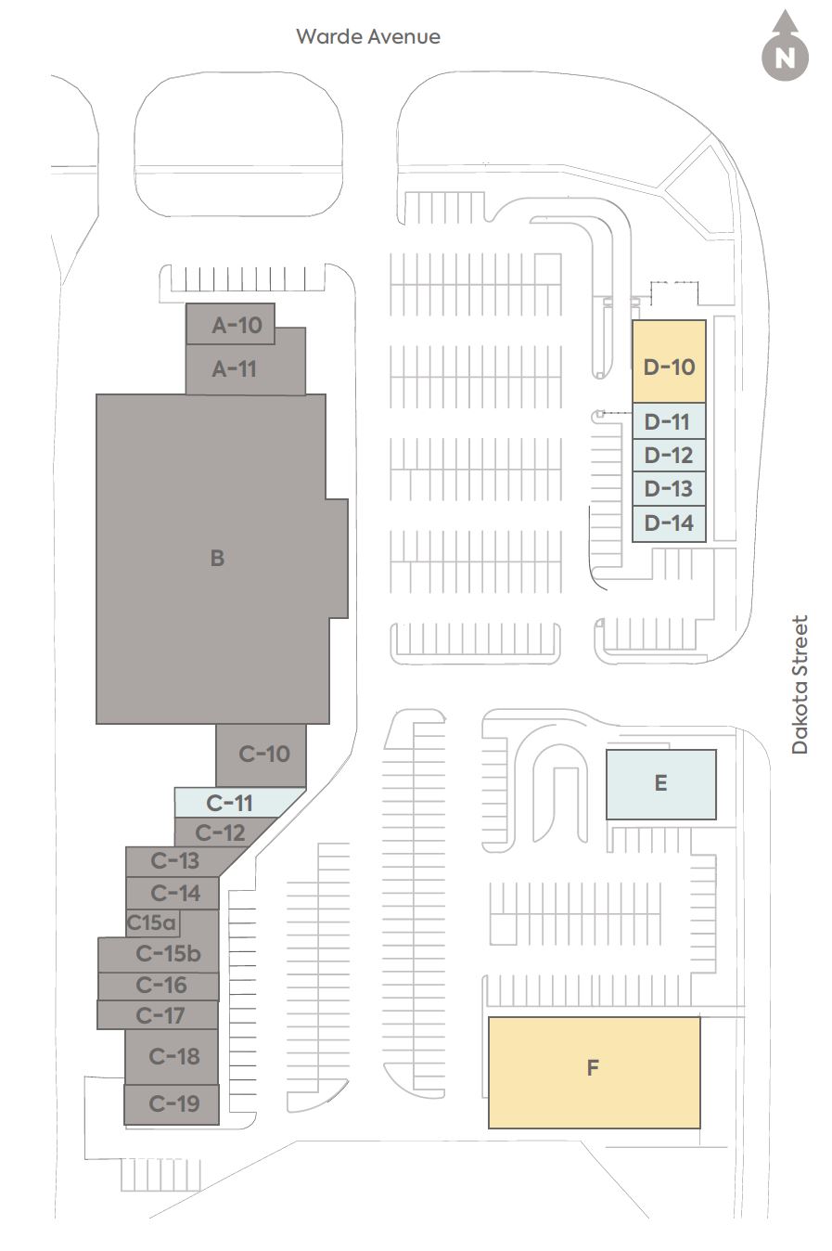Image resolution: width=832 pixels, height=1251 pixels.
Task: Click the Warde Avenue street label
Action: point(368,36)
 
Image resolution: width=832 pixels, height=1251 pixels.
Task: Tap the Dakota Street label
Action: point(800,684)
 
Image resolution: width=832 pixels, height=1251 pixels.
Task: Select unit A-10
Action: point(236,325)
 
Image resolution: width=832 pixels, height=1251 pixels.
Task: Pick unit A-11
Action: point(235,368)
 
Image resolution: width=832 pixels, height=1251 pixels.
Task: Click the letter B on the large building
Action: point(217,558)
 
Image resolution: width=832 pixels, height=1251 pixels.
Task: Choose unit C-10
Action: point(264,754)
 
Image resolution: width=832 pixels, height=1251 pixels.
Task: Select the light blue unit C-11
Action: point(229,802)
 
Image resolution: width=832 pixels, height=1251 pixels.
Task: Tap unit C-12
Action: point(220,832)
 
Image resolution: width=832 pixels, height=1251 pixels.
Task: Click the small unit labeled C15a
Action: point(151,923)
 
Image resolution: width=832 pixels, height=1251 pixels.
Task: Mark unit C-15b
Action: point(168,953)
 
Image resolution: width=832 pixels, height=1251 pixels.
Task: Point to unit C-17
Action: point(160,1015)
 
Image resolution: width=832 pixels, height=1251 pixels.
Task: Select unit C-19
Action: point(173,1103)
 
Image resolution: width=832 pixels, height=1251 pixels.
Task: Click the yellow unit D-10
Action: point(669,367)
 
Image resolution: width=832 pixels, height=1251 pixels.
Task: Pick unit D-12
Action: point(669,455)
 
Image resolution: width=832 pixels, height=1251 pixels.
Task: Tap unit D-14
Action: point(669,522)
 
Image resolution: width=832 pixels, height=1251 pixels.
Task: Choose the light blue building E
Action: point(660,783)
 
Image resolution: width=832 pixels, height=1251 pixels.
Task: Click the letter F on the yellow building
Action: point(593,1067)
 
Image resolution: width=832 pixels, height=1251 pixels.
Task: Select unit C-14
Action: point(175,893)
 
